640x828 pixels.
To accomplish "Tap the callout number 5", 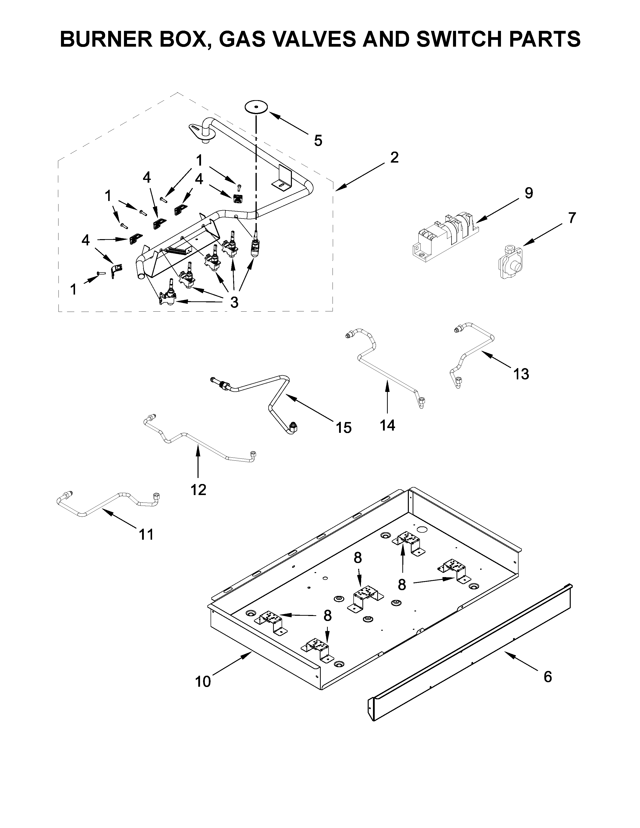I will click(x=318, y=141).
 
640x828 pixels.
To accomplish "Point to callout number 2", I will click(x=394, y=157).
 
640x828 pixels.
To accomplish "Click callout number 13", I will click(x=521, y=374).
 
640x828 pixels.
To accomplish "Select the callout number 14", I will click(x=388, y=425).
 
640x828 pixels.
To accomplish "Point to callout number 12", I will click(x=198, y=490).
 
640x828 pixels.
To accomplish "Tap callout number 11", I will click(x=146, y=534).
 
